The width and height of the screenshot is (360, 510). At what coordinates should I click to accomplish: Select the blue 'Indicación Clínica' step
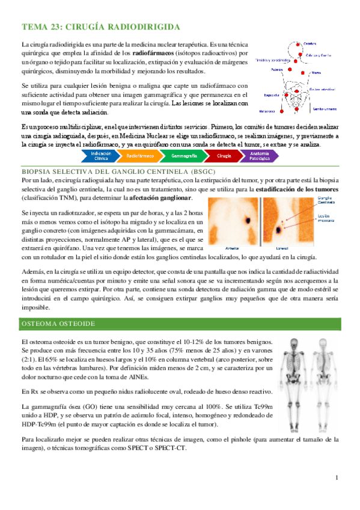point(100,156)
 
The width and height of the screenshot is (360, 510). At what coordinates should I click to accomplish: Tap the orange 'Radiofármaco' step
point(140,156)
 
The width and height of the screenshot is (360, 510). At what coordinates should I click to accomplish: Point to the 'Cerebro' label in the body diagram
point(310,42)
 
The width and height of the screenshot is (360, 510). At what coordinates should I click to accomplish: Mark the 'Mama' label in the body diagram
point(315,72)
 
